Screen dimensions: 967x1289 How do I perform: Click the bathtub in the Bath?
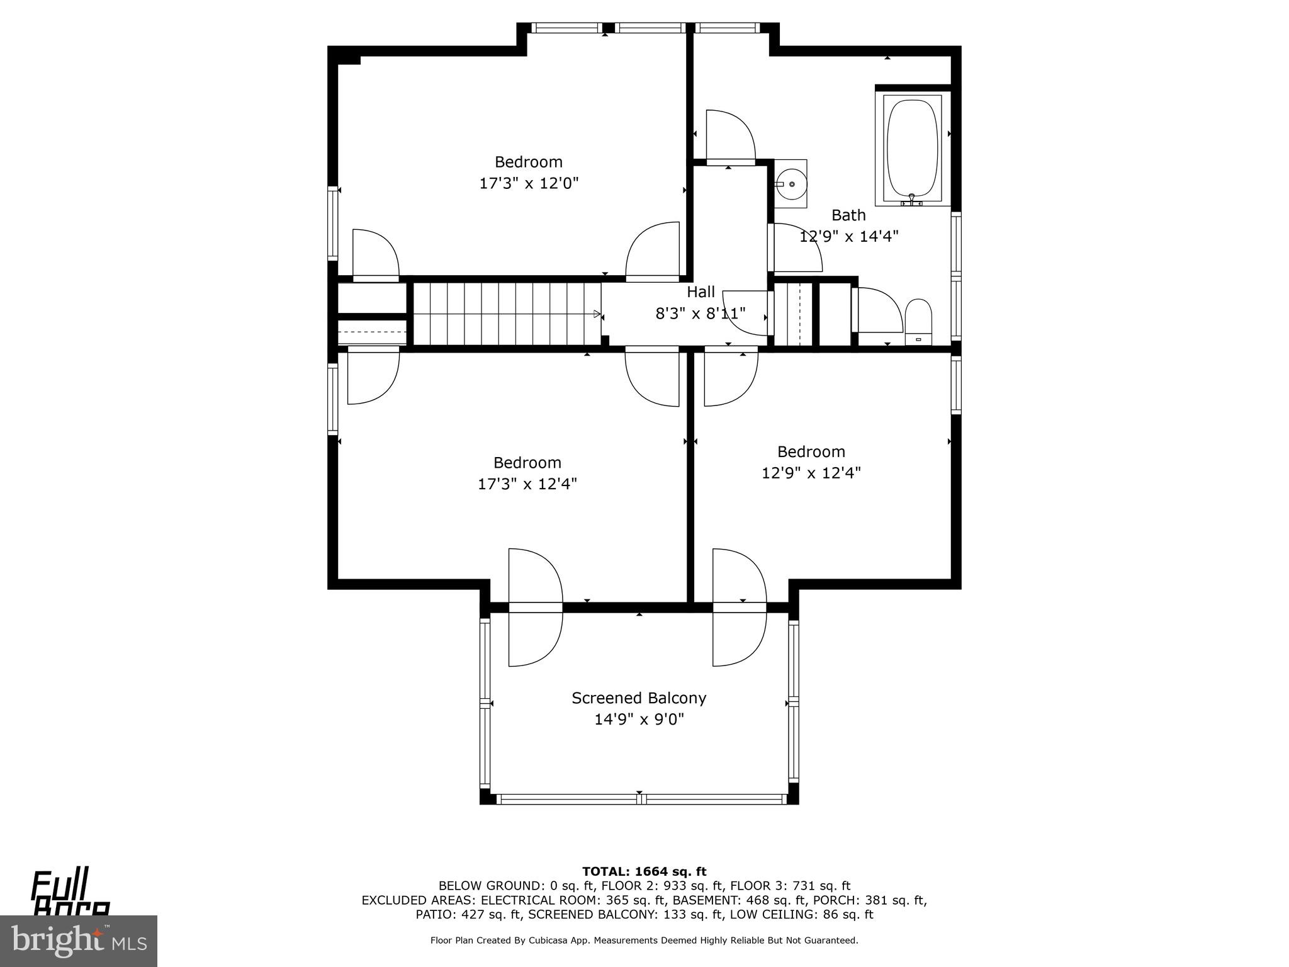(x=912, y=149)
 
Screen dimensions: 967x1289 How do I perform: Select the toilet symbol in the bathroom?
(x=918, y=321)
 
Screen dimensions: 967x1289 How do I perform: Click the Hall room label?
(x=701, y=292)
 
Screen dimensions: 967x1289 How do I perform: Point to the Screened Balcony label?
(x=639, y=698)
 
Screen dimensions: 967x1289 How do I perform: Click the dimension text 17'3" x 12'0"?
(x=529, y=184)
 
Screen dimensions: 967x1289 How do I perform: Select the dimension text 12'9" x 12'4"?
(x=811, y=473)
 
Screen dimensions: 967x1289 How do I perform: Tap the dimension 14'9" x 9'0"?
(x=639, y=719)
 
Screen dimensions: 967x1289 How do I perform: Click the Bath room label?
(x=848, y=215)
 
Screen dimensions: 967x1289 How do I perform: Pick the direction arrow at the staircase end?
(x=597, y=314)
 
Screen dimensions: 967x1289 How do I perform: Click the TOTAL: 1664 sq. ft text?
(x=644, y=872)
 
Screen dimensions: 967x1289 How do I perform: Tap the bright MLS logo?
(x=79, y=941)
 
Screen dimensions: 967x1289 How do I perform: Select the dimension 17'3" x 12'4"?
(x=527, y=484)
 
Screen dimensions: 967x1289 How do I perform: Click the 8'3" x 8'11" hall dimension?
(x=701, y=314)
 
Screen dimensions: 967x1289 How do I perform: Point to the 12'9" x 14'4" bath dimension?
(x=848, y=237)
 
